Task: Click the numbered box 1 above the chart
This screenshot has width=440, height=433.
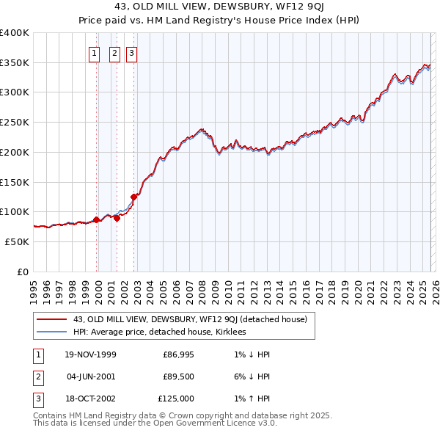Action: point(95,52)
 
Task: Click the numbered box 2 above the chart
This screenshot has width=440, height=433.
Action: point(115,52)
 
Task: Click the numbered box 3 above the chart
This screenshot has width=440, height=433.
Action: point(131,52)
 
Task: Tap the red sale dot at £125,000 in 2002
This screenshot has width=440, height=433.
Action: point(134,197)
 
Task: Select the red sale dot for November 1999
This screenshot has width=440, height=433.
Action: point(96,219)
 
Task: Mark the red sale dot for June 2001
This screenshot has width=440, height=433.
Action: point(117,218)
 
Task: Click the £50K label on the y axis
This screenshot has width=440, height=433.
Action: point(17,241)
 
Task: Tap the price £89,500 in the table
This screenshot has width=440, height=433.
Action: point(178,376)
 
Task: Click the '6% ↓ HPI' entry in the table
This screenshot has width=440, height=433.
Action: point(252,376)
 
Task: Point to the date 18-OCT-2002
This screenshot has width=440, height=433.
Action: point(90,399)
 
